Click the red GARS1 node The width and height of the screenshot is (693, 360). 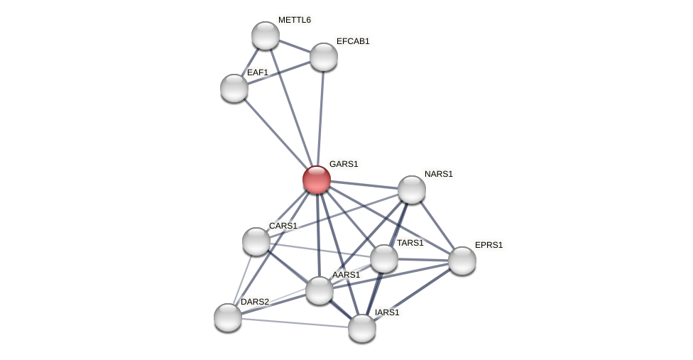click(x=317, y=180)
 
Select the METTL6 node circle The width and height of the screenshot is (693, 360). click(x=266, y=36)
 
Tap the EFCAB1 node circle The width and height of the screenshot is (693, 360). click(x=324, y=57)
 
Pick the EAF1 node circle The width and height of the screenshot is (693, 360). click(x=234, y=88)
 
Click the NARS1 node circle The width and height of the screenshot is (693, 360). click(x=412, y=190)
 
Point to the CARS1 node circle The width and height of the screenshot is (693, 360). click(x=256, y=241)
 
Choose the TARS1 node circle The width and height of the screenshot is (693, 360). click(x=384, y=258)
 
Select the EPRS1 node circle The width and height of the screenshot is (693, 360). click(x=462, y=261)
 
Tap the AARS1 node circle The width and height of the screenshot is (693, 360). click(x=320, y=290)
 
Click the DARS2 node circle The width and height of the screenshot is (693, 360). click(x=228, y=317)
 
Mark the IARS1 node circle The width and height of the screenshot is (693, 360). click(x=362, y=328)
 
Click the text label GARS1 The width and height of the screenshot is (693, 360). click(x=344, y=164)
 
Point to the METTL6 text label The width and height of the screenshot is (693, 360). click(x=294, y=20)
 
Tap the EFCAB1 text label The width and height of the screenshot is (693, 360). click(x=353, y=41)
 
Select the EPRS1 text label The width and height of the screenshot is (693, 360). click(x=489, y=245)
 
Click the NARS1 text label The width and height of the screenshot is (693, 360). click(x=438, y=174)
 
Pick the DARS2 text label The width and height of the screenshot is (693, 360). click(x=254, y=302)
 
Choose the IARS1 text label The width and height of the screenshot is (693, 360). click(x=387, y=312)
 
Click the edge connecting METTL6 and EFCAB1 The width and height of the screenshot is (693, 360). click(x=295, y=46)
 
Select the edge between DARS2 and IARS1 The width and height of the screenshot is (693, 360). click(x=295, y=322)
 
